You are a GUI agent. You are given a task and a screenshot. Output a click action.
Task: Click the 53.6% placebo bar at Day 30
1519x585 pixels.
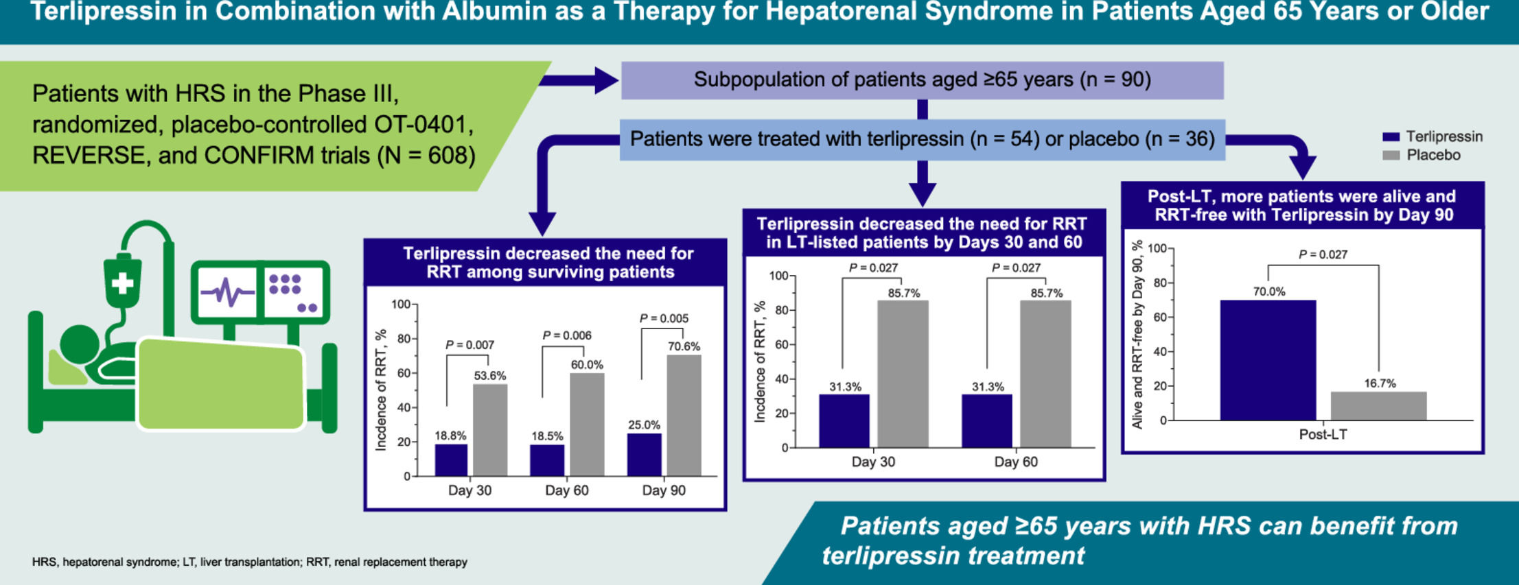click(490, 430)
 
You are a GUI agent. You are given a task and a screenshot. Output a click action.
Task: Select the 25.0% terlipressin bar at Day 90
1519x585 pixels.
click(644, 455)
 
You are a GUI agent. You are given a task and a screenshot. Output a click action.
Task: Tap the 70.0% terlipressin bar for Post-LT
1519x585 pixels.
click(1268, 360)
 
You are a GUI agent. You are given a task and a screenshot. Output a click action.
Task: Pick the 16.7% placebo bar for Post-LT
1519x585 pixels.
click(1378, 406)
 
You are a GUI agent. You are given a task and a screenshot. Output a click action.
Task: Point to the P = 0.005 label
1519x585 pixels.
click(664, 318)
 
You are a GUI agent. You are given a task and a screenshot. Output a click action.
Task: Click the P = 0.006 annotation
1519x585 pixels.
click(567, 335)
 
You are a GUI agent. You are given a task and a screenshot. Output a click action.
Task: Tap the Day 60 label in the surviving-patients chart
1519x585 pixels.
click(566, 490)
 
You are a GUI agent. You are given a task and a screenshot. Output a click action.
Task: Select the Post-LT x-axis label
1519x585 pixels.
click(1323, 434)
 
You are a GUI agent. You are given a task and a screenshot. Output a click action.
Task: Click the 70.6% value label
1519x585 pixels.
click(684, 346)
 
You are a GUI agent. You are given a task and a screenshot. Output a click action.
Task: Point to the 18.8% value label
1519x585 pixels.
click(450, 435)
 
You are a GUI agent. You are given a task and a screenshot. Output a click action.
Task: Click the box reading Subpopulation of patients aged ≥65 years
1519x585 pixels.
click(922, 80)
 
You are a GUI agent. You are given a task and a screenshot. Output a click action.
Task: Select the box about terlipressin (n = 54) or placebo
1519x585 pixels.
click(922, 139)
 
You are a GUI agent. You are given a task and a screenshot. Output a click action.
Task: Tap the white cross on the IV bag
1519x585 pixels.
click(122, 283)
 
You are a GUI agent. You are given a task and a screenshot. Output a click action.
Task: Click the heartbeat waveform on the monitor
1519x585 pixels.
click(227, 292)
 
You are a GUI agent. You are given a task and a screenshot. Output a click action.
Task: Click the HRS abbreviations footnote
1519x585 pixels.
click(249, 562)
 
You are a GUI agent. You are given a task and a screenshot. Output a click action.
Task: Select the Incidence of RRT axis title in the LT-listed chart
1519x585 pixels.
click(760, 361)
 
